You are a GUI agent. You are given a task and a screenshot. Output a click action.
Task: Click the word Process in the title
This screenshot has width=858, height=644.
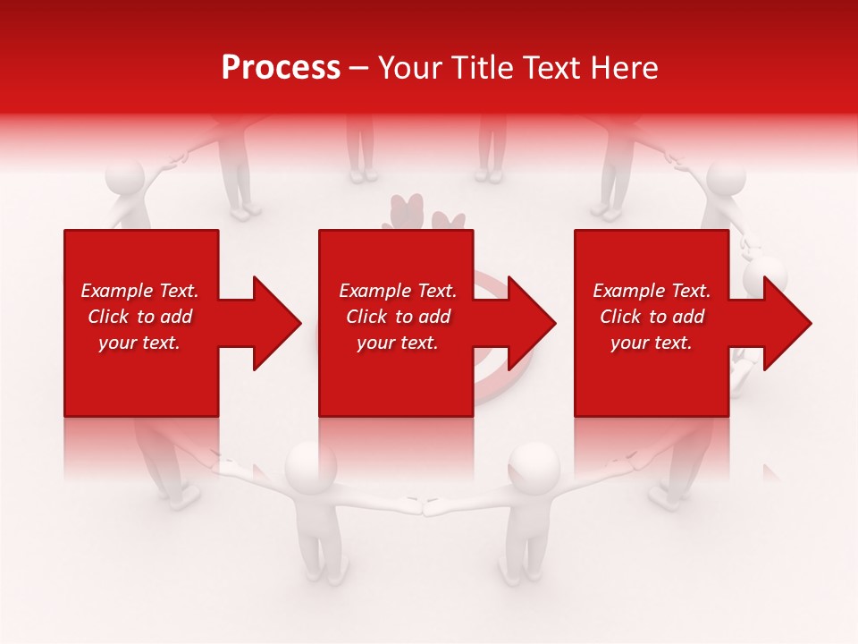(x=281, y=68)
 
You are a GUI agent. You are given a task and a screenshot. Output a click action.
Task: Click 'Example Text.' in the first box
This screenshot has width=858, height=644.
(x=139, y=291)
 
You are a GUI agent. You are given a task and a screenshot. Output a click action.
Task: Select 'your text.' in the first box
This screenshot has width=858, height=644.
(x=139, y=343)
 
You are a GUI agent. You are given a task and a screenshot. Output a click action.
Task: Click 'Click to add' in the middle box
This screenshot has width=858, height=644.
(x=398, y=317)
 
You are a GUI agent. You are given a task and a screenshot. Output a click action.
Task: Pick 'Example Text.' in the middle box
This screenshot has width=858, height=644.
(x=398, y=291)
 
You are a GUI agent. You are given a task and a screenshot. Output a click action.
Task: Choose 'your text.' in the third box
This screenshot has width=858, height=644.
(x=652, y=343)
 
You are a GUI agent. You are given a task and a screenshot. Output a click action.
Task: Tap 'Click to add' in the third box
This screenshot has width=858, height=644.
(x=652, y=317)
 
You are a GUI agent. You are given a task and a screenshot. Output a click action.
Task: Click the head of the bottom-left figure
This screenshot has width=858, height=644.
(x=311, y=462)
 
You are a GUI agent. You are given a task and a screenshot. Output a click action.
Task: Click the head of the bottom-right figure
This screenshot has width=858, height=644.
(x=534, y=464)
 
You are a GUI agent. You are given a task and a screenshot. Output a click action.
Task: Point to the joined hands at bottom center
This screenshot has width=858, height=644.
(x=422, y=507)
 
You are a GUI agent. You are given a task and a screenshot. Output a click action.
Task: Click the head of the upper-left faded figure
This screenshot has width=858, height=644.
(x=124, y=179)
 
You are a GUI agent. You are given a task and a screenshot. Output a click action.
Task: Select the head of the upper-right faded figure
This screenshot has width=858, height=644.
(x=726, y=179)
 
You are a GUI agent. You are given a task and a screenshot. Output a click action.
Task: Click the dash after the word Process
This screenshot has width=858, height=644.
(x=358, y=69)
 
